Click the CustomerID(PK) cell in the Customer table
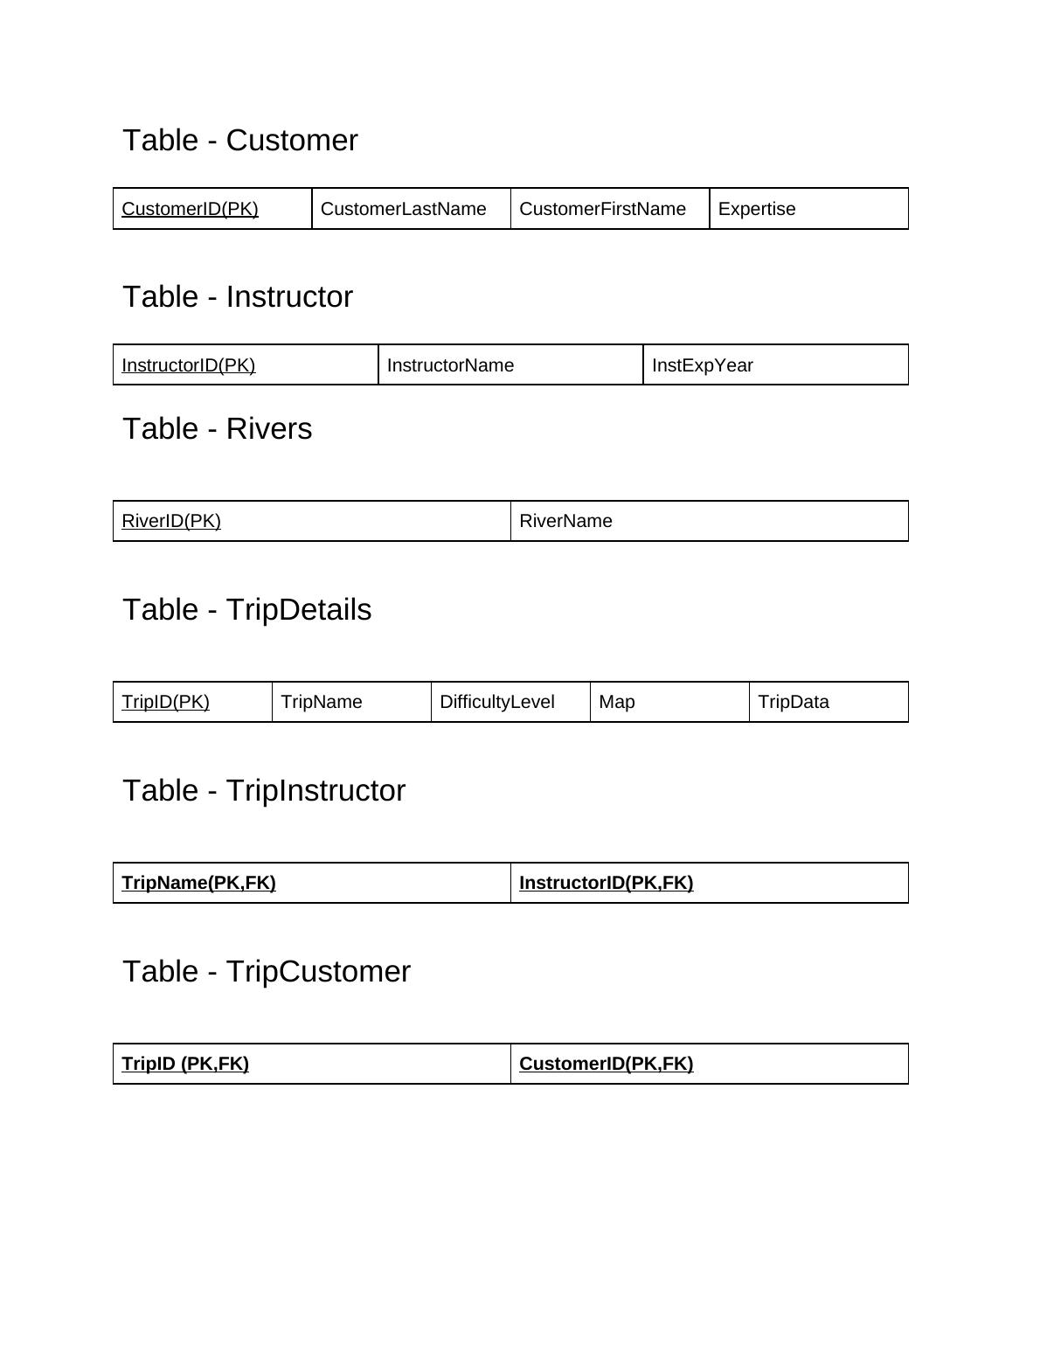pos(191,209)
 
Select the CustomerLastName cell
pos(403,209)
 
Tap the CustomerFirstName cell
pos(602,209)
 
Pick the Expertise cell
pos(757,209)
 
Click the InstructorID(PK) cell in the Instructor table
pos(189,365)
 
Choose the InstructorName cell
pos(450,365)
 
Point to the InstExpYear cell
pos(702,365)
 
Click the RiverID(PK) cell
pos(171,521)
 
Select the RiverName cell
pos(565,521)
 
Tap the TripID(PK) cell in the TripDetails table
pos(166,702)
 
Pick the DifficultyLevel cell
pos(496,702)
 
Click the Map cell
pos(617,702)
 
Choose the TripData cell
pos(794,702)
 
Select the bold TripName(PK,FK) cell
pos(199,883)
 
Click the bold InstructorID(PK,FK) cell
pos(606,883)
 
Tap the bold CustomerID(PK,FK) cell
pos(606,1064)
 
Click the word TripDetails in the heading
pos(298,610)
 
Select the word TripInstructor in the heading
pos(315,791)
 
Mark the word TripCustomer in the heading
pos(318,972)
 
